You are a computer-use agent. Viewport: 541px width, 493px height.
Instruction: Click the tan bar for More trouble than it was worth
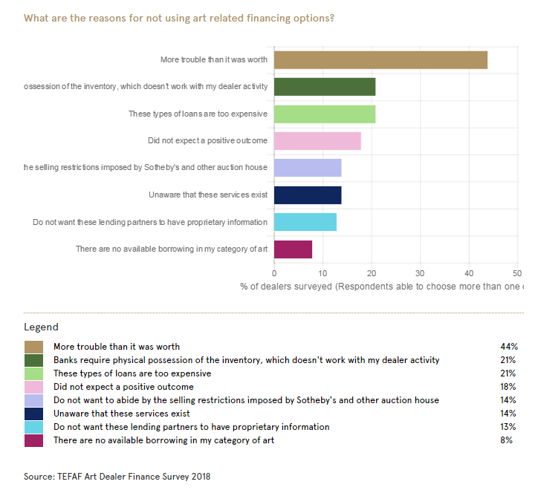coord(380,60)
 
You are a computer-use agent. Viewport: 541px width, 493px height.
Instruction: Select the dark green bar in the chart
coord(325,87)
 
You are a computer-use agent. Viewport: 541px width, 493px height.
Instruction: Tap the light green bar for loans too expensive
coord(325,114)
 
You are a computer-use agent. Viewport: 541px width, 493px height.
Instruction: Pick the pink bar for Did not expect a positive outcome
coord(317,141)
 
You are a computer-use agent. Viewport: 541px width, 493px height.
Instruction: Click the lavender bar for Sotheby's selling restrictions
coord(308,168)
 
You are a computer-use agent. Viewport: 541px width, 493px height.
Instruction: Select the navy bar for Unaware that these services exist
coord(308,195)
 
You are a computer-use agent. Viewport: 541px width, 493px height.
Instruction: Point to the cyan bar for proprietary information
coord(305,222)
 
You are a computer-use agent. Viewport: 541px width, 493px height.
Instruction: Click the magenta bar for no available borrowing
coord(293,249)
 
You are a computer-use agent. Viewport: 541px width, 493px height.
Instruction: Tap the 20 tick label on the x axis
coord(372,272)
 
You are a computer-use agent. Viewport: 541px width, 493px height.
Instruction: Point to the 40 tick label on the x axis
coord(469,272)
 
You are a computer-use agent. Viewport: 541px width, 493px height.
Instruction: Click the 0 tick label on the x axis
coord(274,272)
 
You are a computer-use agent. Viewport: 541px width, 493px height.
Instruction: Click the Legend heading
coord(41,327)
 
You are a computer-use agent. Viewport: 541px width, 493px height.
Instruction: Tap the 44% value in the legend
coord(508,347)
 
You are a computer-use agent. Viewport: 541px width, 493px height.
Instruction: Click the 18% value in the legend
coord(508,387)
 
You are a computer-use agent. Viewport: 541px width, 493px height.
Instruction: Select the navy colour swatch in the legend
coord(33,414)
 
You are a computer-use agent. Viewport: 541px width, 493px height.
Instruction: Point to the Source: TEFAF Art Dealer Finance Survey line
coord(117,476)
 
